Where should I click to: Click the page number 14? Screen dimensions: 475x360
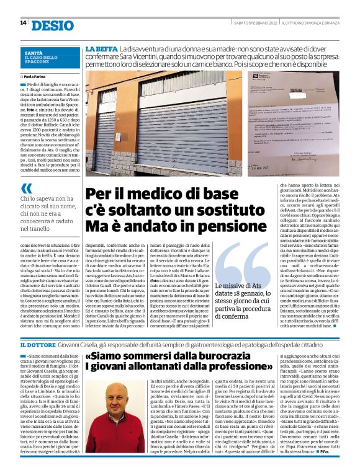tap(23, 23)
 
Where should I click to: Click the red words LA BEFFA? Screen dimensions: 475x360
tap(101, 48)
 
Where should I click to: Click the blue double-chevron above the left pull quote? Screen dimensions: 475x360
tap(25, 188)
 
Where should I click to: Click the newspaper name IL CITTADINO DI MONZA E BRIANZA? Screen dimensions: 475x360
tap(310, 23)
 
